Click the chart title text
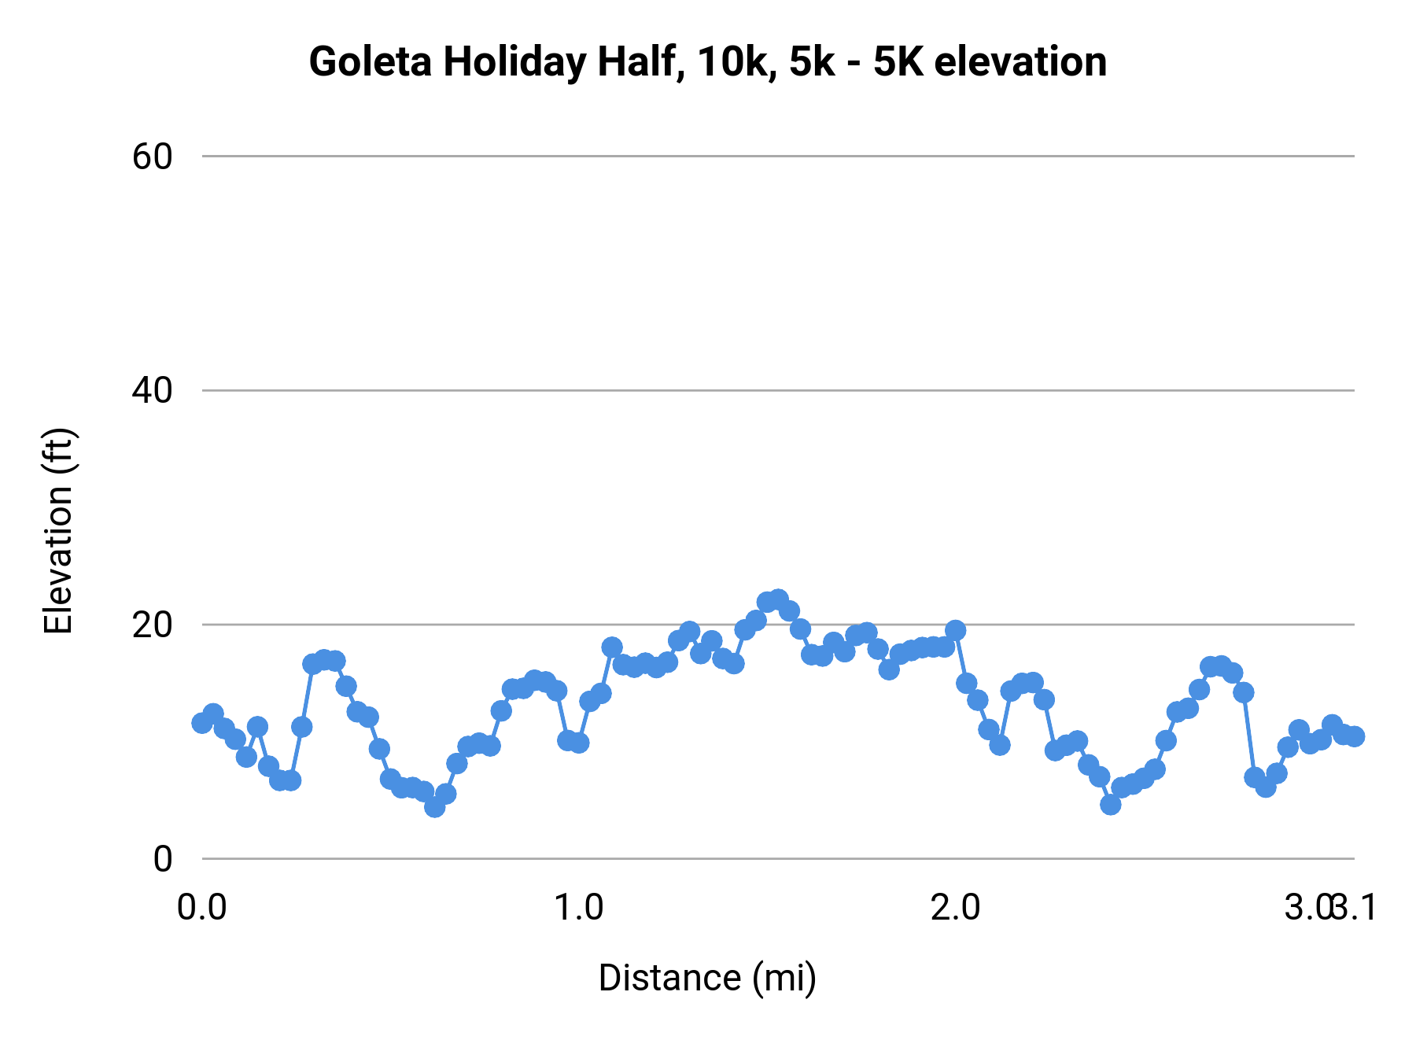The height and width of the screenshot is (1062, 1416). (707, 62)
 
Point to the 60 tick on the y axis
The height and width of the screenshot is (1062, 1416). (152, 157)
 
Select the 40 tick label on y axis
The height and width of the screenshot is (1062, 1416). (152, 390)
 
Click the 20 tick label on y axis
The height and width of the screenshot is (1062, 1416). (152, 625)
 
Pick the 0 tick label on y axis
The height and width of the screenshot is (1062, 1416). (162, 858)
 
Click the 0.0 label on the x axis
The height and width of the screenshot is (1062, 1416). (202, 908)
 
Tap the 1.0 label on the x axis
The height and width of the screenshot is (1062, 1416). (579, 908)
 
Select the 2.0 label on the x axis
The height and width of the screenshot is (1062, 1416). (955, 908)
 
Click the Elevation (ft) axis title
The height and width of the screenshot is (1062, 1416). (58, 531)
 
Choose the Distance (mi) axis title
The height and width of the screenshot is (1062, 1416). (707, 978)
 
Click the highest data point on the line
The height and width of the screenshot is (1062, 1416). (778, 599)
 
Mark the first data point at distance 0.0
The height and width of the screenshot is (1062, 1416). (202, 723)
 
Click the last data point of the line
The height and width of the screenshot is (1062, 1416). (1354, 736)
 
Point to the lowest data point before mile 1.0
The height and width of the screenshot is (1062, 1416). (434, 806)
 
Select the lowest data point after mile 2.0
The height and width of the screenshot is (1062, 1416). (1110, 804)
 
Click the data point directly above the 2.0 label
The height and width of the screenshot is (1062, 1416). (955, 630)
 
